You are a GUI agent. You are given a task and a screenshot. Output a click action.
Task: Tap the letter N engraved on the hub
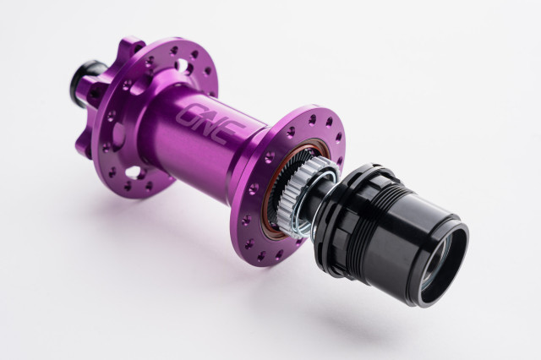[x=208, y=123]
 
